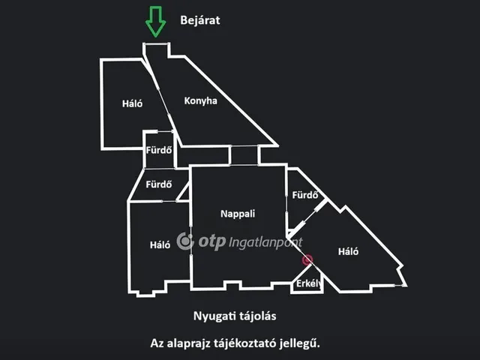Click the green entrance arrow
tap(155, 22)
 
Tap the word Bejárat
tap(200, 20)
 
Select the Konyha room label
tap(200, 101)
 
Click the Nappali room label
tap(238, 214)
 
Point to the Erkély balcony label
tap(308, 283)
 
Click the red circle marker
tap(307, 260)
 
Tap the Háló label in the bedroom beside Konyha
tap(132, 103)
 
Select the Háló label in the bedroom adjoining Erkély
tap(348, 252)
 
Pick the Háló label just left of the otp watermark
tap(160, 245)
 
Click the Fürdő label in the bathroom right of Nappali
tap(305, 195)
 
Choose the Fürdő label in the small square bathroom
tap(158, 150)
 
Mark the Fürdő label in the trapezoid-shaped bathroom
tap(158, 184)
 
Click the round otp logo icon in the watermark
tap(185, 241)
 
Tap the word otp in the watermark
tap(212, 242)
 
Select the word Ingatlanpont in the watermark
tap(265, 243)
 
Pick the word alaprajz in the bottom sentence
tap(188, 343)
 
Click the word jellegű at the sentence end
tap(300, 343)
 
